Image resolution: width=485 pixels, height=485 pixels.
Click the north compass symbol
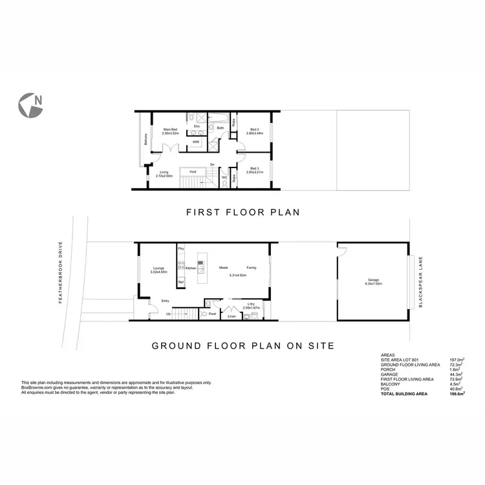[x=30, y=105]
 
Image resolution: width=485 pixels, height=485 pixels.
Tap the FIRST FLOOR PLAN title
[x=242, y=211]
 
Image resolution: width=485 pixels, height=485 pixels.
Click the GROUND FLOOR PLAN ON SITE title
[x=242, y=345]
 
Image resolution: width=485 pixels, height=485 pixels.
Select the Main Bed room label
[x=170, y=129]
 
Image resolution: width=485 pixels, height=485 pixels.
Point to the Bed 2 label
[x=253, y=129]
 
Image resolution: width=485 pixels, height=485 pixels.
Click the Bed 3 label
[x=253, y=169]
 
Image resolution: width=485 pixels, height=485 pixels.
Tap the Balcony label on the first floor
[x=146, y=139]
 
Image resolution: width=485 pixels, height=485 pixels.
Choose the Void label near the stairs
[x=192, y=171]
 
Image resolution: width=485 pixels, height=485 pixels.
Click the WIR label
[x=195, y=141]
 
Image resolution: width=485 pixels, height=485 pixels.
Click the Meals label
[x=223, y=268]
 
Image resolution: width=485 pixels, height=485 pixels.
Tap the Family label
[x=251, y=268]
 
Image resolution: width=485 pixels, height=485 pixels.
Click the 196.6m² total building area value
[x=458, y=393]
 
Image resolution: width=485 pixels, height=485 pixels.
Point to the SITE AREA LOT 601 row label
[x=400, y=360]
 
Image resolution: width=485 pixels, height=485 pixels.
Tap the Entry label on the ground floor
[x=166, y=300]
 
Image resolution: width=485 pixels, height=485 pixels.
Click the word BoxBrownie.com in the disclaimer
[x=36, y=387]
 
